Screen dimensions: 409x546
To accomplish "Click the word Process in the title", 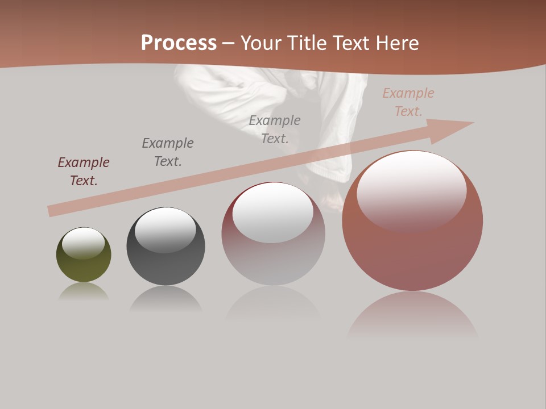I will (179, 43).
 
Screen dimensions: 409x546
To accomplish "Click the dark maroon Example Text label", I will (84, 172).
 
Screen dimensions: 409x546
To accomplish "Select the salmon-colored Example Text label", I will (408, 102).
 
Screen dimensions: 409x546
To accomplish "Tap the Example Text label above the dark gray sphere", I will (168, 152).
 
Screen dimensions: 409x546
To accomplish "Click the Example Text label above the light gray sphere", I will (275, 130).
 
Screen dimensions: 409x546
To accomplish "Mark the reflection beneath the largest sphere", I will (412, 315).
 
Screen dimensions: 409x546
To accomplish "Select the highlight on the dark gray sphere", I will (165, 228).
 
